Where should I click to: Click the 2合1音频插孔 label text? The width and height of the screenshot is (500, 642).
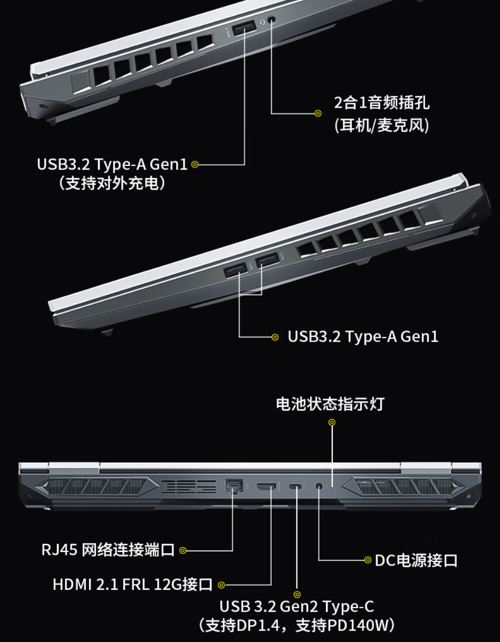point(382,102)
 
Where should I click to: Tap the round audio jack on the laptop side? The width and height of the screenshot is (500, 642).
point(272,20)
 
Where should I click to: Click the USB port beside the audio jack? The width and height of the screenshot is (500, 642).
point(244,30)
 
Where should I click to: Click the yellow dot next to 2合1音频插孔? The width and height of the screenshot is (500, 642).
point(318,113)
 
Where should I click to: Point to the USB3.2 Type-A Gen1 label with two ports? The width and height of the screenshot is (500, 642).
point(363,336)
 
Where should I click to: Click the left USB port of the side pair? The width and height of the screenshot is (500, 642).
point(236,271)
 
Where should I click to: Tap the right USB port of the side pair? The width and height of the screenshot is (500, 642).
point(267,260)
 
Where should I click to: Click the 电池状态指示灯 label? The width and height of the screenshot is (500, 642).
point(330,404)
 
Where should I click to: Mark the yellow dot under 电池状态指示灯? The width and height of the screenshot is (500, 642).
point(332,422)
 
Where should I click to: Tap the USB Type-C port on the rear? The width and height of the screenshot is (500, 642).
point(296,486)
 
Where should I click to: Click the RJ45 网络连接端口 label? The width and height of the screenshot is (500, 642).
point(108,550)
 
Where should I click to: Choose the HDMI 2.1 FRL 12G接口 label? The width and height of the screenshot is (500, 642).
point(132,584)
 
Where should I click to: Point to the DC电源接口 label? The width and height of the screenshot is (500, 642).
point(416,560)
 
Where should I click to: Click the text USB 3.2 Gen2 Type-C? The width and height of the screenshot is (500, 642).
point(296,606)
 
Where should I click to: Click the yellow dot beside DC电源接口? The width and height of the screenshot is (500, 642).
point(368,560)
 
